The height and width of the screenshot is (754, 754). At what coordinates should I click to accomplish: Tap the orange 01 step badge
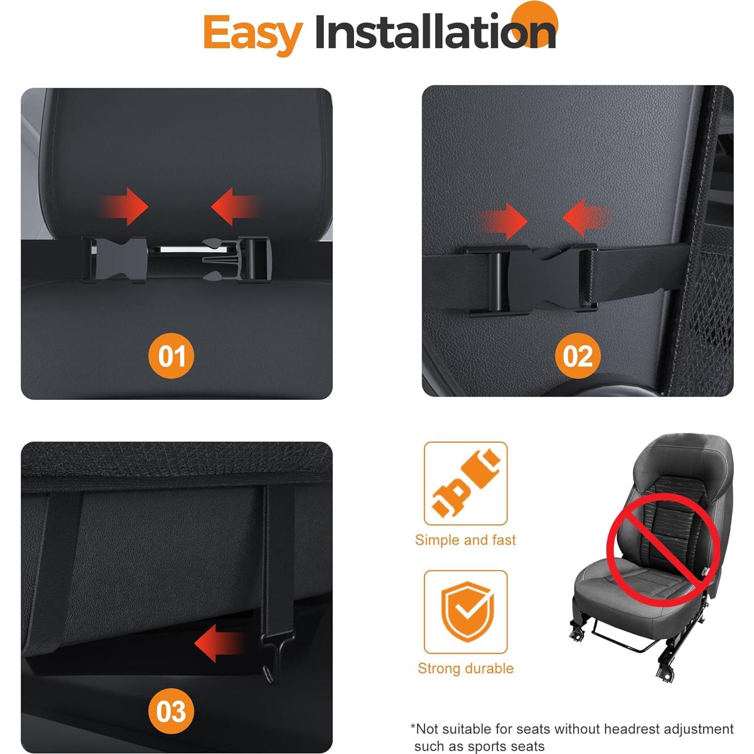pos(171,356)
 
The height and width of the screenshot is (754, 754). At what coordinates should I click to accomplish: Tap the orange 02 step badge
pos(578,356)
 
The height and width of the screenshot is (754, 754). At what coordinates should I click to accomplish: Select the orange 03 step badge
pos(171,711)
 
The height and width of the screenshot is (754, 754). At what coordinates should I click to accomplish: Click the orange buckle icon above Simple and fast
pos(465,484)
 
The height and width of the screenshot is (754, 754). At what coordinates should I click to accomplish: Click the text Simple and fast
pos(465,540)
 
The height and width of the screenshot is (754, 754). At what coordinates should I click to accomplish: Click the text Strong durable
pos(465,668)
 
